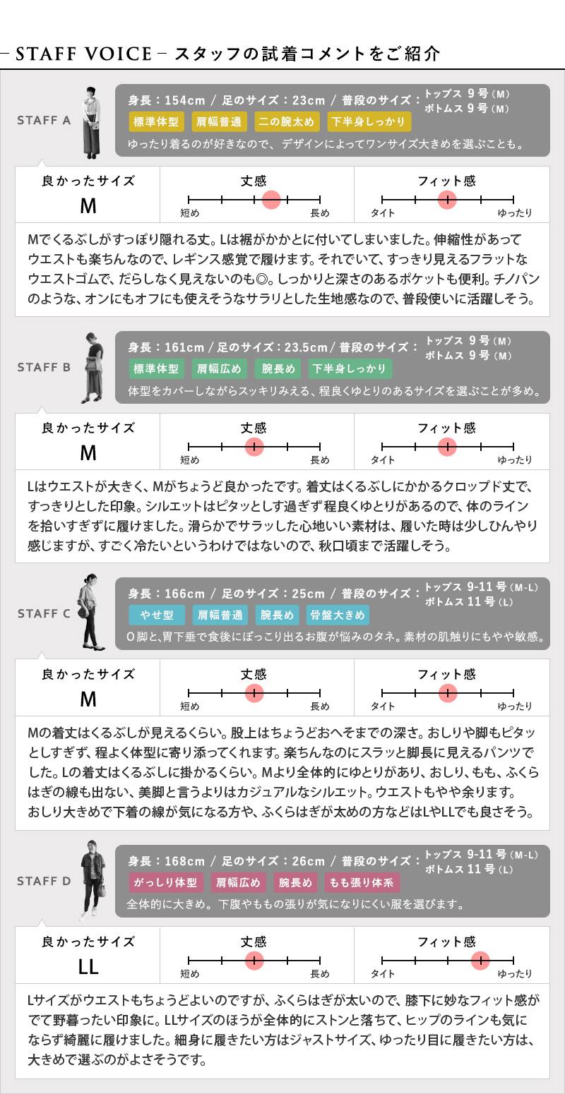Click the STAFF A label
coord(44,120)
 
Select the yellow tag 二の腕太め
coord(287,121)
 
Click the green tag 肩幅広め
coord(219,368)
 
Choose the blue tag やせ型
coord(157,615)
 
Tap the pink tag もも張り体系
coord(362,882)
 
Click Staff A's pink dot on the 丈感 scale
coord(271,199)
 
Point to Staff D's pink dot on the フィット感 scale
coord(480,960)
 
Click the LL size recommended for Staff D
coord(88,966)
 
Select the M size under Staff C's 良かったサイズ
coord(88,699)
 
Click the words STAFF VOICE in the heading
coord(83,54)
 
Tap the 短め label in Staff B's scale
coord(190,459)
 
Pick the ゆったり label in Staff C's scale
coord(515,706)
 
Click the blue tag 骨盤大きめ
coord(338,615)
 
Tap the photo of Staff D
coord(93,880)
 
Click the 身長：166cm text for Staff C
coord(167,594)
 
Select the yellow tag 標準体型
coord(156,121)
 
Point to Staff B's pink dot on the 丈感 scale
coord(254,446)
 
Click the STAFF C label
coord(44,613)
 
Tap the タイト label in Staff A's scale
coord(383,212)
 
